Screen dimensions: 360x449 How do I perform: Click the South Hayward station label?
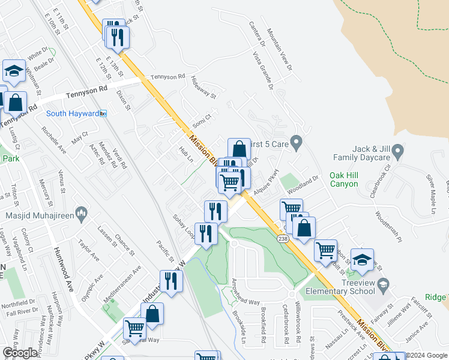pos(73,113)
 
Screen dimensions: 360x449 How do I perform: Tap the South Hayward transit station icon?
pos(103,113)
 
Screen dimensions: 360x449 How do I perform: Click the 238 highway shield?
pos(282,239)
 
